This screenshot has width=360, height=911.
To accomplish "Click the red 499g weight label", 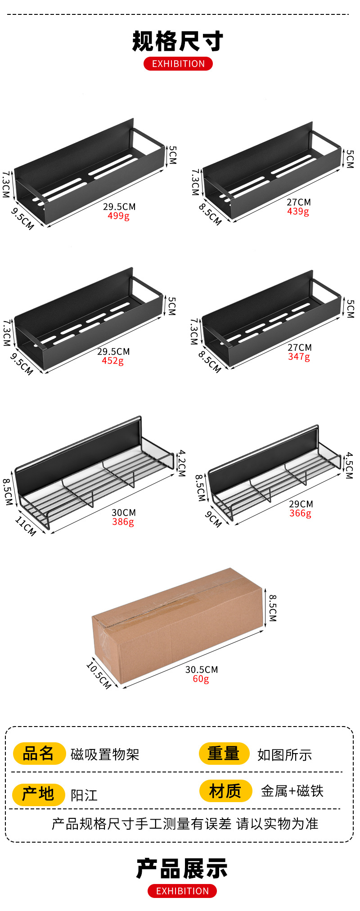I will tap(118, 216).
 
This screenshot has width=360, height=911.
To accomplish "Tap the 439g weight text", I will tap(298, 211).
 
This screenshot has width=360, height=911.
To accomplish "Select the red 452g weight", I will tap(112, 361).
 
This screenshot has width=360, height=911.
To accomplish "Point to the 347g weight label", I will tap(299, 357).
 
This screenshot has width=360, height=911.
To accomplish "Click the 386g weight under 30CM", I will tap(123, 522).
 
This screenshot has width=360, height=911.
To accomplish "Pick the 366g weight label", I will tap(300, 513).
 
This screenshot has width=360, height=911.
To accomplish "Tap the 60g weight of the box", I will tap(201, 679).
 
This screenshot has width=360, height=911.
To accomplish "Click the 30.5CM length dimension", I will tap(202, 669).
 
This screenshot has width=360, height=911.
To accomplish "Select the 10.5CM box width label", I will tap(99, 675).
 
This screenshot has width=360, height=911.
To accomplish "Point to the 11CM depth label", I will tap(26, 526).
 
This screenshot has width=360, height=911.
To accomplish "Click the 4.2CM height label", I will tap(181, 463).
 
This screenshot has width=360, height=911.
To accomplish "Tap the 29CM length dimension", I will tap(301, 504).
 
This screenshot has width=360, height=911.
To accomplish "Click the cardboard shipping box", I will tap(178, 625).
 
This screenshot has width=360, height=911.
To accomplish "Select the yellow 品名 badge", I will tap(39, 754).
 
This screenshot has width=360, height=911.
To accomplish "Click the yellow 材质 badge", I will tap(225, 791).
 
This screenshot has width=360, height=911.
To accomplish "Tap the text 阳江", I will tap(84, 795).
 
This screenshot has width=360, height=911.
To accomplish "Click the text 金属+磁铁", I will tap(292, 791).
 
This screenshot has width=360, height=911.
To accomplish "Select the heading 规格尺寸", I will tap(178, 41).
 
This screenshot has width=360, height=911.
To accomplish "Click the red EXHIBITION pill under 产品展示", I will tap(182, 891).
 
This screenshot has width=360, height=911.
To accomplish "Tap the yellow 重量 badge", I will tap(224, 754).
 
